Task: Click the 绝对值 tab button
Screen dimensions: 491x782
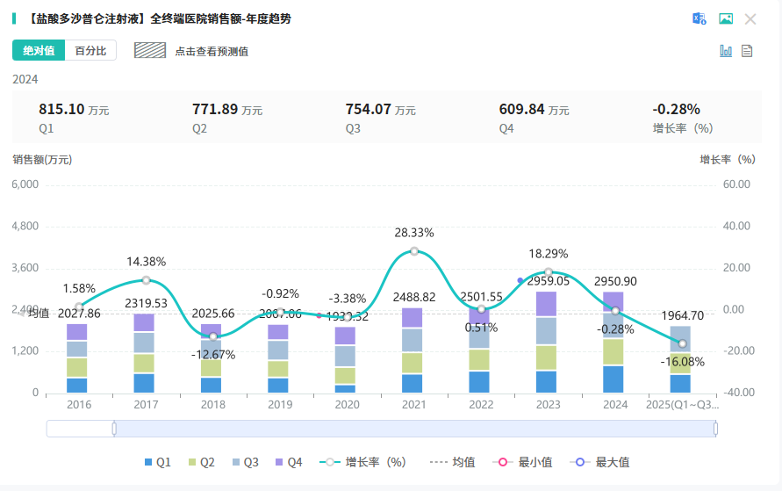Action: point(39,51)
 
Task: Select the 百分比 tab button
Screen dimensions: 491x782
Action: point(90,51)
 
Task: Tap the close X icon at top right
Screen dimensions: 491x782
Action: point(750,18)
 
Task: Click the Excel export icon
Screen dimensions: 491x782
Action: point(699,18)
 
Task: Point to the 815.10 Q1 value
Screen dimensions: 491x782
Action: point(61,110)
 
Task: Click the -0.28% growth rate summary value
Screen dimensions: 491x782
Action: point(676,110)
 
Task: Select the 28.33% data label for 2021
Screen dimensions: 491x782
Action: point(414,233)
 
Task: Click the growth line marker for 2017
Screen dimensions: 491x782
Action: point(147,280)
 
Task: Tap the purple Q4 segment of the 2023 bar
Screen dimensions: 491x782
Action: point(548,304)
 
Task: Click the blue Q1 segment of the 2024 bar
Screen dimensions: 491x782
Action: point(614,379)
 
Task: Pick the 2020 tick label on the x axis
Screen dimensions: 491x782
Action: point(348,405)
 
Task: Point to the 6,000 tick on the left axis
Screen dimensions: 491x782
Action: point(25,184)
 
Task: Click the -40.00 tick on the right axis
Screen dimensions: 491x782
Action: point(735,393)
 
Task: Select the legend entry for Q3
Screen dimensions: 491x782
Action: point(245,462)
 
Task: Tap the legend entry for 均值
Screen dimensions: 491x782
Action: point(453,462)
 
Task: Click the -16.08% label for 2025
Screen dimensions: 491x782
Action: point(682,361)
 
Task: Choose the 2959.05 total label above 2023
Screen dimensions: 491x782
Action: point(549,281)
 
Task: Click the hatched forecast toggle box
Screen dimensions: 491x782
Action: point(150,50)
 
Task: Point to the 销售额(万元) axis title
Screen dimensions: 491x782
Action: point(42,160)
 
